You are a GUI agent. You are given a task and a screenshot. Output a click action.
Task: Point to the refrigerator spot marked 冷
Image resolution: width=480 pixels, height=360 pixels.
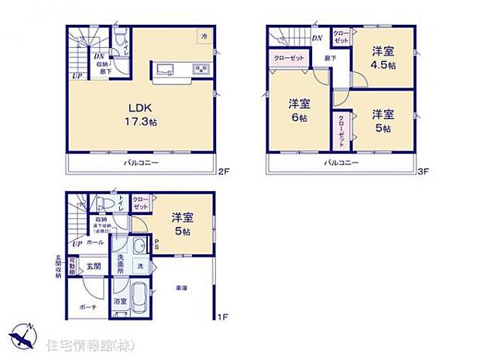click(x=204, y=36)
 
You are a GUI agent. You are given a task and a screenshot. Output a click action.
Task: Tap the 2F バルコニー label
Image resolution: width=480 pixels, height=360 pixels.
click(x=142, y=163)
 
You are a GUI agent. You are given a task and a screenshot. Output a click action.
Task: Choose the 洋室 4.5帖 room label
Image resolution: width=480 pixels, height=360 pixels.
click(x=383, y=58)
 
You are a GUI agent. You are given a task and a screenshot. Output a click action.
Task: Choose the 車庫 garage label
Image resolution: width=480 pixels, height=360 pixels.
click(x=181, y=287)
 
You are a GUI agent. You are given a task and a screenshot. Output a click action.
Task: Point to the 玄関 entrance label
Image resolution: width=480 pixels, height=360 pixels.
click(x=91, y=267)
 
